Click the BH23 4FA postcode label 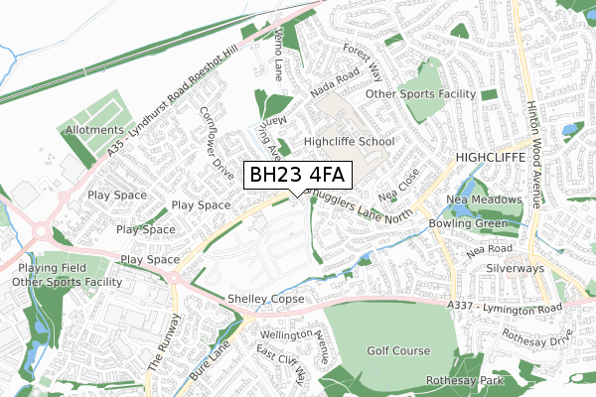(x=296, y=175)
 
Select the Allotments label (x=94, y=130)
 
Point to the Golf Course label (x=397, y=350)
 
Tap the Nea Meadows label (x=485, y=198)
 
